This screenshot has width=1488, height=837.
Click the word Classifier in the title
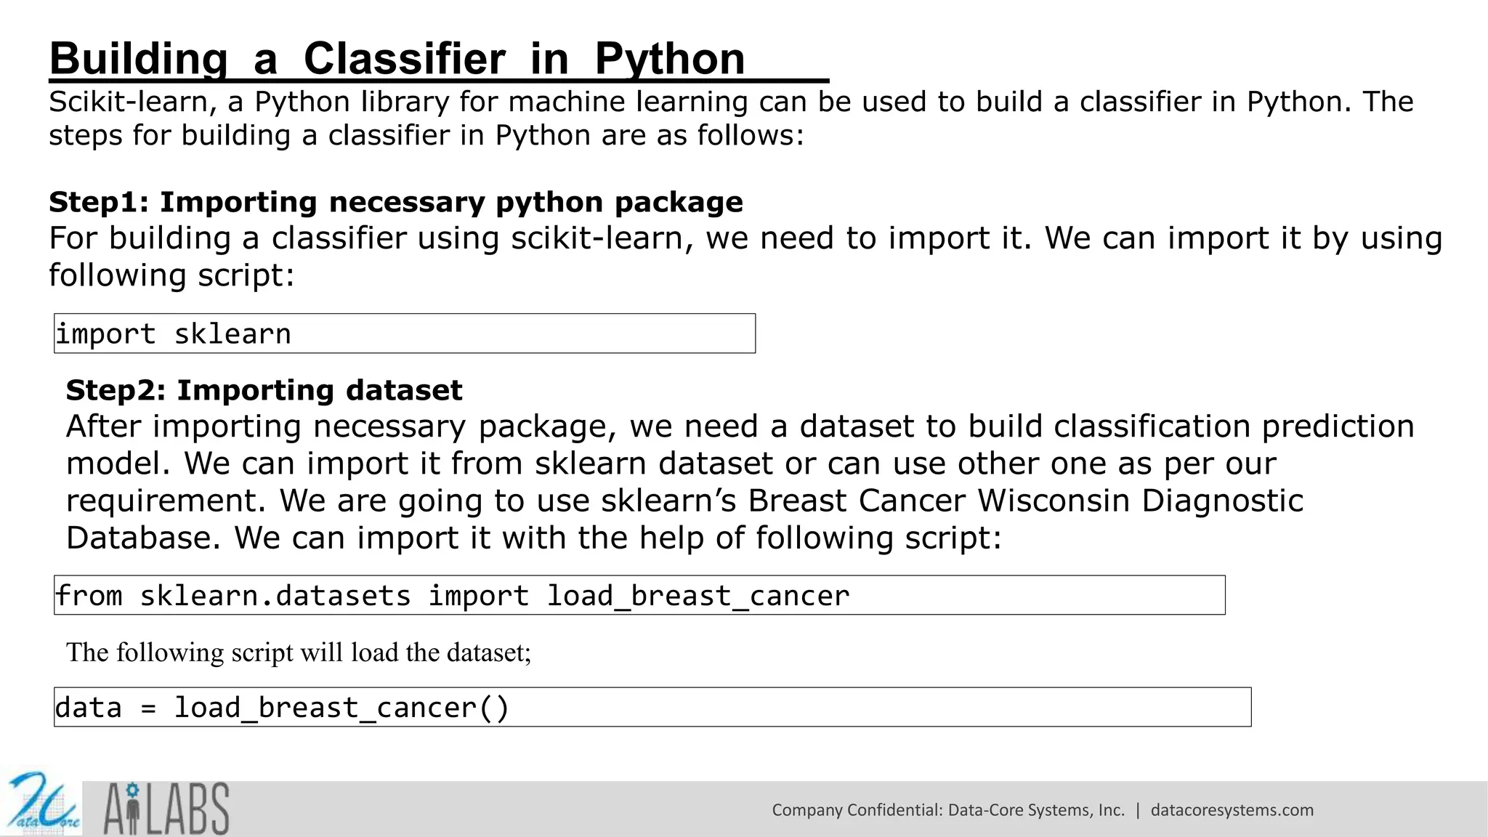click(404, 59)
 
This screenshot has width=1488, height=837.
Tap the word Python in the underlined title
click(669, 59)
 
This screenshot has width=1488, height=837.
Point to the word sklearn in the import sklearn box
click(232, 334)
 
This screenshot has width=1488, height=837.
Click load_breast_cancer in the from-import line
click(697, 596)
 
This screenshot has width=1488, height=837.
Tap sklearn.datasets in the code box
click(275, 596)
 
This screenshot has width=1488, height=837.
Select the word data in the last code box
click(89, 708)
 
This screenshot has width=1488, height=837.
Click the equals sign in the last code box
click(148, 708)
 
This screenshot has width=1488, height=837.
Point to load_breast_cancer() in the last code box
click(341, 708)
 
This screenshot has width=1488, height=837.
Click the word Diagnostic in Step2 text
click(1222, 501)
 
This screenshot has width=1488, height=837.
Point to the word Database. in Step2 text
click(143, 538)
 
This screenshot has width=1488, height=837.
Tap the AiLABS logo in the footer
click(166, 808)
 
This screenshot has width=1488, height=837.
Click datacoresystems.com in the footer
click(1232, 810)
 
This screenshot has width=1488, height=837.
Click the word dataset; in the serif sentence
click(488, 652)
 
